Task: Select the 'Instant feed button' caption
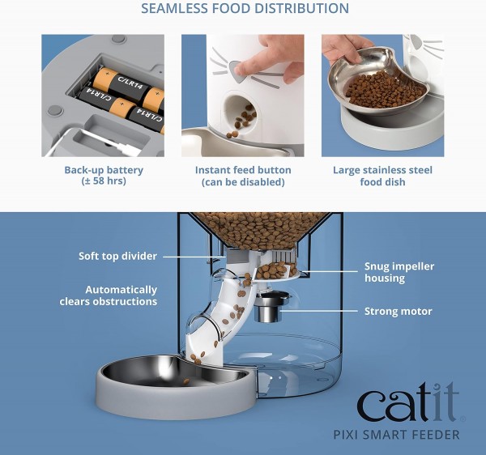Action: point(242,170)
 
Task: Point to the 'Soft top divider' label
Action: point(117,257)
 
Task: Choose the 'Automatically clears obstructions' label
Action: point(109,296)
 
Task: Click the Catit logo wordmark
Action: point(408,405)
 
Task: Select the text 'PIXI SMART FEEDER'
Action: point(408,435)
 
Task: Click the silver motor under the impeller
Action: point(271,308)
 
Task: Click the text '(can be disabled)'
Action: point(242,182)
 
